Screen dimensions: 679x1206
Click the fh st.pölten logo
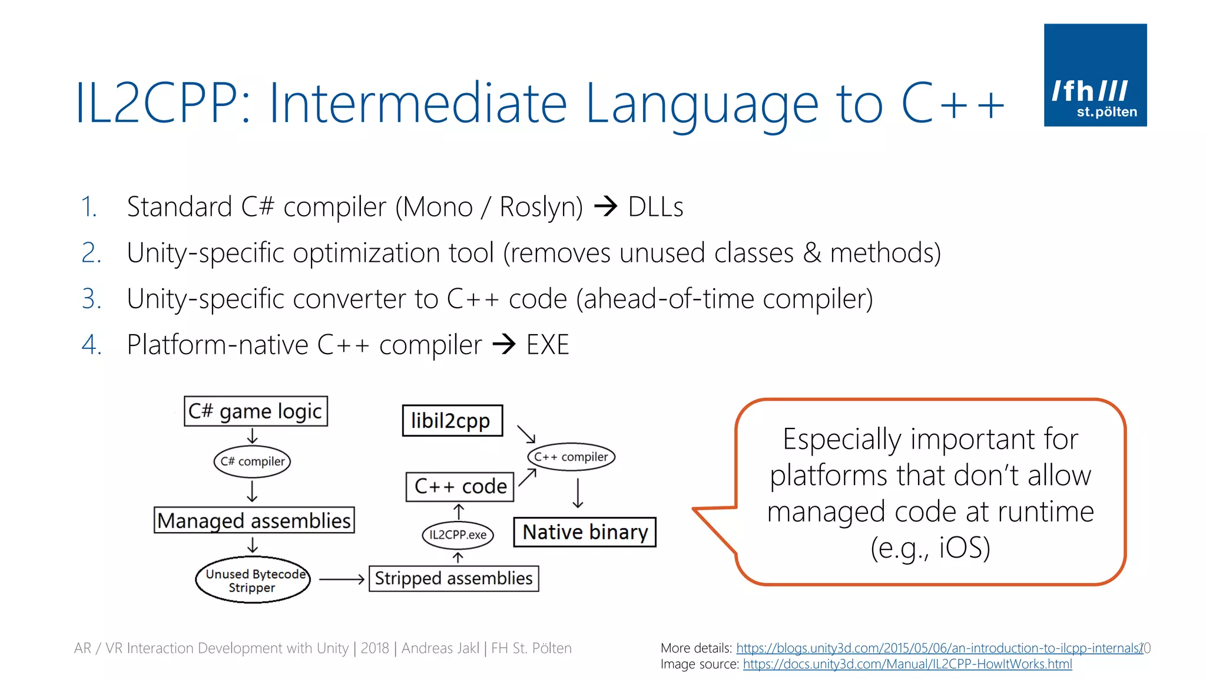pos(1095,75)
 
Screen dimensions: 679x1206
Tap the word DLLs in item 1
pos(655,207)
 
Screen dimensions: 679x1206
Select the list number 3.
pos(91,299)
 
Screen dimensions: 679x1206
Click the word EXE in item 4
pos(547,345)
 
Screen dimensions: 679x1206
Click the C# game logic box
pos(256,411)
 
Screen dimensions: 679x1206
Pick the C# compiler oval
pos(252,461)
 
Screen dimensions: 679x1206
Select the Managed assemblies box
pos(254,520)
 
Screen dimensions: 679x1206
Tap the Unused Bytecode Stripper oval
pos(253,580)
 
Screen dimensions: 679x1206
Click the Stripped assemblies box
pos(453,578)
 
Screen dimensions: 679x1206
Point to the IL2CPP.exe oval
pos(458,535)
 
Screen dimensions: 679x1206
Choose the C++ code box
pos(460,486)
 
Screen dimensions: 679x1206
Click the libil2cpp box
pos(452,421)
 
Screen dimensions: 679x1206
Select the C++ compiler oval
pos(571,457)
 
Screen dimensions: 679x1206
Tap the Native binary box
pos(585,532)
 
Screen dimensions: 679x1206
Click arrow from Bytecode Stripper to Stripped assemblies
pos(342,579)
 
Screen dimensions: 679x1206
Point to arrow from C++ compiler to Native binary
pos(578,493)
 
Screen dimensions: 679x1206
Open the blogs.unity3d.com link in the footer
pos(939,648)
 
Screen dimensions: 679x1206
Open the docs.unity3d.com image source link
pos(907,664)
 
